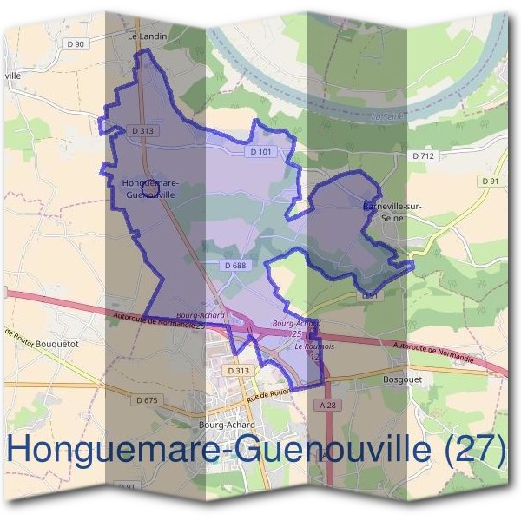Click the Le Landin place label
pyautogui.click(x=147, y=36)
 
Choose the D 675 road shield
pyautogui.click(x=149, y=399)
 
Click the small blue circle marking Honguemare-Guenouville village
pyautogui.click(x=148, y=187)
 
